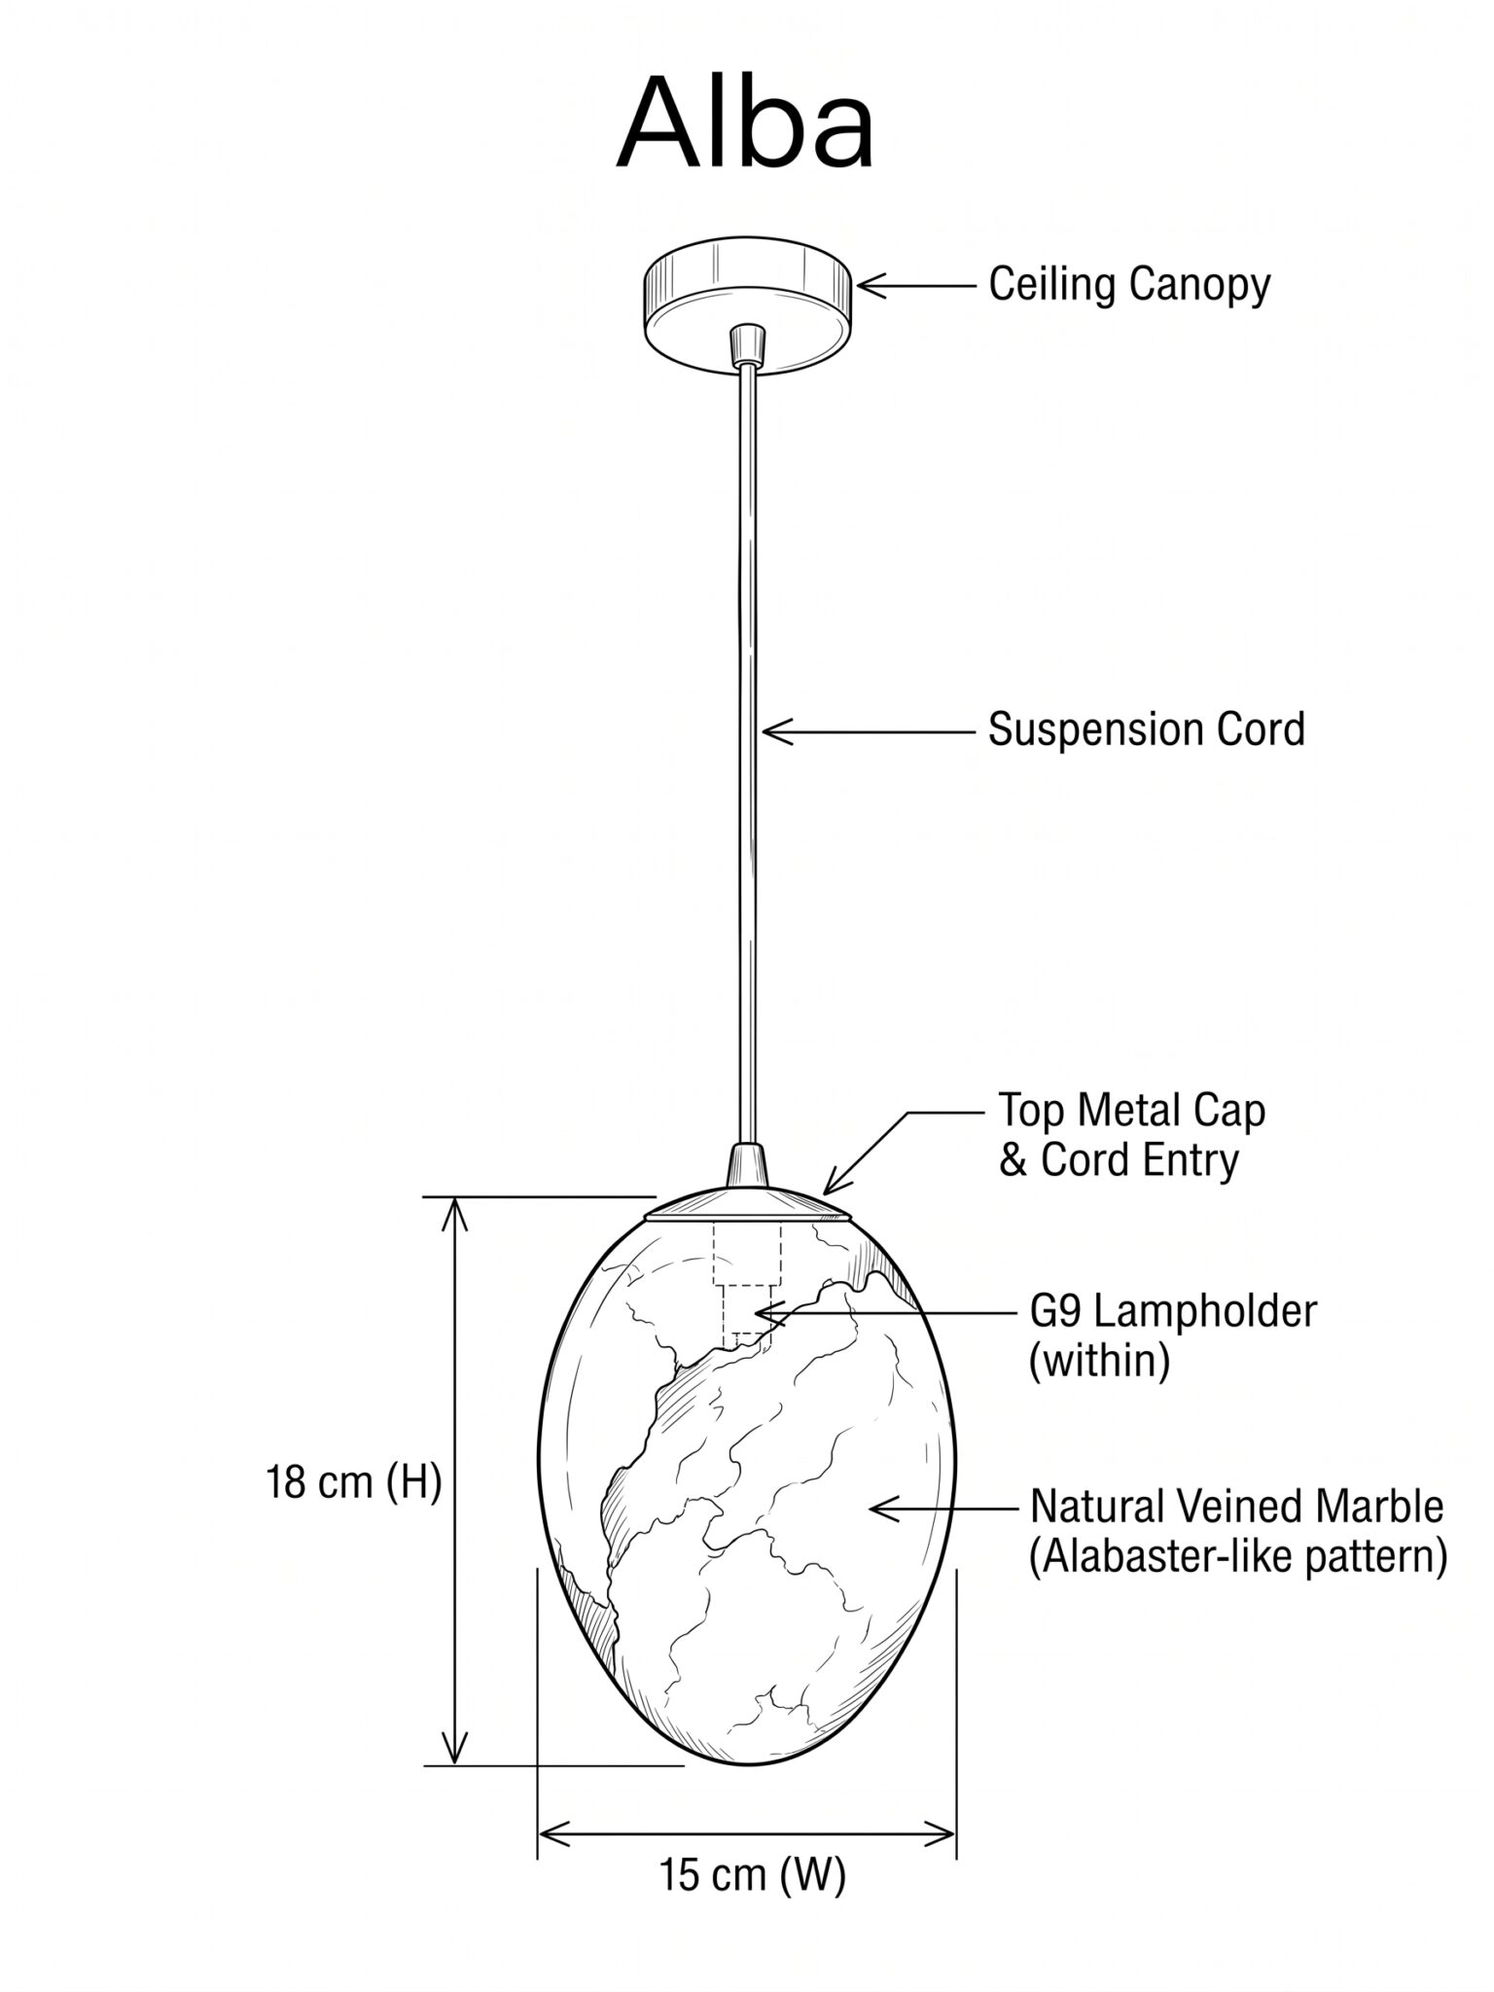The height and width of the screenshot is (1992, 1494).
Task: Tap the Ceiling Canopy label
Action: coord(1129,285)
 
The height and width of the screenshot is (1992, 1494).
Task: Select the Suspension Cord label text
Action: coord(1147,729)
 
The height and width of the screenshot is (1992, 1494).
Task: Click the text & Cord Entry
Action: coord(1120,1159)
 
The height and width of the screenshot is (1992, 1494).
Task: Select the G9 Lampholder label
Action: coord(1173,1312)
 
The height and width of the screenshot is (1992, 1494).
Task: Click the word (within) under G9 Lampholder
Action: coord(1099,1361)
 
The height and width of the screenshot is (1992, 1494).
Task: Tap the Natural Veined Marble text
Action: coord(1236,1507)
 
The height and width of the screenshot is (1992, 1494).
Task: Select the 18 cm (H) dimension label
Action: coord(354,1483)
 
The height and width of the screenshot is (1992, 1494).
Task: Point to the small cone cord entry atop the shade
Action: coord(747,1167)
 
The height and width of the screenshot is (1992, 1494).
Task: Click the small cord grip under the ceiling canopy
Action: coord(746,343)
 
